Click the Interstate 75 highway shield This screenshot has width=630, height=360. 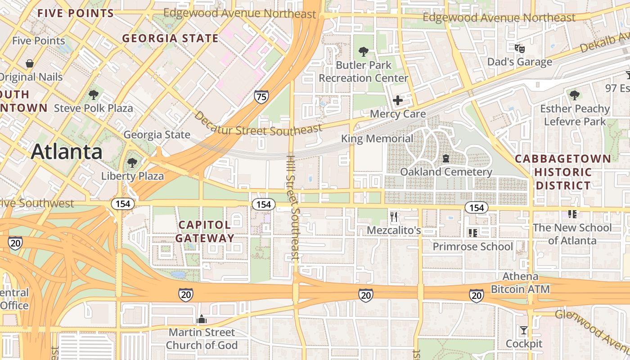tap(261, 96)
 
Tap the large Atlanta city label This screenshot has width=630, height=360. tap(67, 152)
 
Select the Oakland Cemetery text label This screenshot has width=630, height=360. tap(446, 172)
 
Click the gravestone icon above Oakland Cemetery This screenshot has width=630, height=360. tap(445, 158)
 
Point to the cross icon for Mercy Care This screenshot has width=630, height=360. tap(398, 100)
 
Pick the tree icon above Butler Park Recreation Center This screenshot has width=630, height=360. tap(364, 52)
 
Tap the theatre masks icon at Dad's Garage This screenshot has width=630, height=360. tap(520, 48)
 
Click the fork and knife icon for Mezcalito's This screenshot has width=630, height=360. tap(394, 217)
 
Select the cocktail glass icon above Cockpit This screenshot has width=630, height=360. tap(523, 331)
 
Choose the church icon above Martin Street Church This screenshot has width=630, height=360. tap(202, 319)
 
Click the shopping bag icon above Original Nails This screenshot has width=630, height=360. tap(30, 63)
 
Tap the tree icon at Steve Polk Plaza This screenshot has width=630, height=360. tap(93, 95)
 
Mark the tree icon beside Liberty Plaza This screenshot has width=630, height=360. tap(132, 162)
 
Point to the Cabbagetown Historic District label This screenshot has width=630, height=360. tap(562, 172)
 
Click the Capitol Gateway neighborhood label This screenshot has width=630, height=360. tap(205, 231)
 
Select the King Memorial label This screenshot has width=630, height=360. tap(377, 139)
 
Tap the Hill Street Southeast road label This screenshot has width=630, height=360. tap(292, 208)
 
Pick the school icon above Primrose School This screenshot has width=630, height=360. tap(472, 233)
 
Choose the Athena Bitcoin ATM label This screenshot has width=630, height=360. tap(520, 283)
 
